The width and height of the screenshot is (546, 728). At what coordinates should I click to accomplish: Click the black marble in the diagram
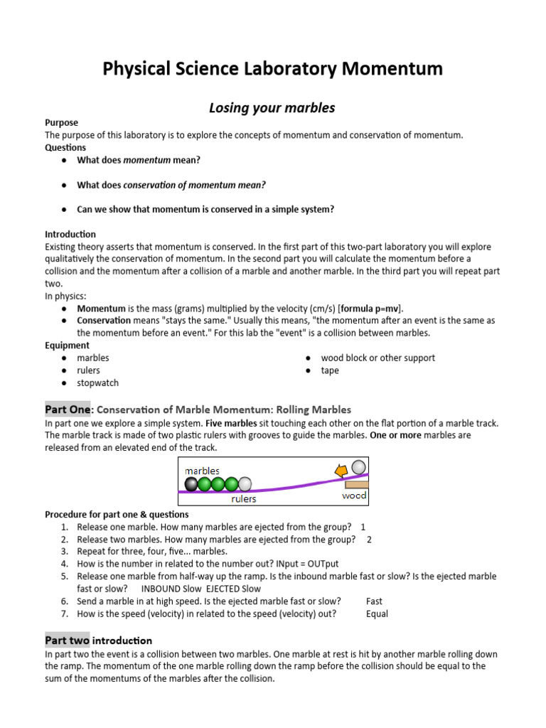pos(191,484)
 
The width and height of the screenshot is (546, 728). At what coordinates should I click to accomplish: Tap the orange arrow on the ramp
pos(342,470)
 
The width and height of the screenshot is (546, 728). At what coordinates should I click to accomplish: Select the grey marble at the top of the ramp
pos(359,467)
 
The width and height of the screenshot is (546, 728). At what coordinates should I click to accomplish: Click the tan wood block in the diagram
pos(356,484)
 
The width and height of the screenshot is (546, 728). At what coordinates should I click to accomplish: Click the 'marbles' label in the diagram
pos(202,471)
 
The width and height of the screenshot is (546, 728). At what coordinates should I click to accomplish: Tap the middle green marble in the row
pos(218,484)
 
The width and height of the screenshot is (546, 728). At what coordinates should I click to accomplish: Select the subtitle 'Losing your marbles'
pos(272,108)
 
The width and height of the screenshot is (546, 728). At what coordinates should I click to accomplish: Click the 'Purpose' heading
pos(61,122)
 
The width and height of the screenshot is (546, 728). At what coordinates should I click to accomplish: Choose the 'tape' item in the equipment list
pos(330,370)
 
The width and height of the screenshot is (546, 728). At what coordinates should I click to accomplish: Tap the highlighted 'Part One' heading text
pos(68,409)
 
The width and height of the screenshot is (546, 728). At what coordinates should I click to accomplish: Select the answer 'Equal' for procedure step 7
pos(377,614)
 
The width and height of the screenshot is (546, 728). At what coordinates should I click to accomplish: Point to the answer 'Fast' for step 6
pos(374,601)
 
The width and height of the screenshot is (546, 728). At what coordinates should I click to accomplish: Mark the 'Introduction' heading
pos(70,234)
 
